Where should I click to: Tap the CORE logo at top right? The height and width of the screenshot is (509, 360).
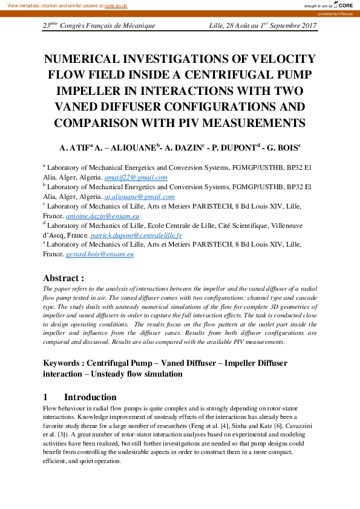pyautogui.click(x=342, y=5)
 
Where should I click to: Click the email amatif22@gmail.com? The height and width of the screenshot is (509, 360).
pyautogui.click(x=136, y=178)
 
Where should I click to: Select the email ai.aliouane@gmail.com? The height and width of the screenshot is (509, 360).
pyautogui.click(x=139, y=196)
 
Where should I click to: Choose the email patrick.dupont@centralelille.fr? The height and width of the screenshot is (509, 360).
pyautogui.click(x=136, y=235)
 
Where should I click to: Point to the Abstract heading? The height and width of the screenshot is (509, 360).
pyautogui.click(x=63, y=278)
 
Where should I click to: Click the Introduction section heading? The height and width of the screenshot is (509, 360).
pyautogui.click(x=90, y=397)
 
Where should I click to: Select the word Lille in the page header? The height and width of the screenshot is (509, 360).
pyautogui.click(x=216, y=26)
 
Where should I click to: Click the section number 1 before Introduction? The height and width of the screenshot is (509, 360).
pyautogui.click(x=45, y=397)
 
